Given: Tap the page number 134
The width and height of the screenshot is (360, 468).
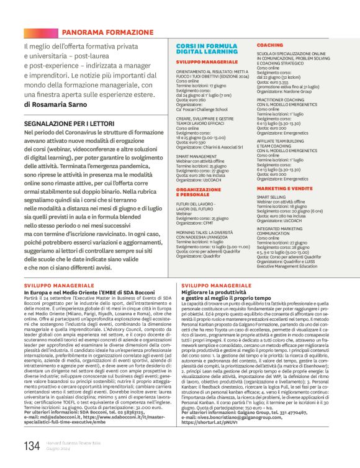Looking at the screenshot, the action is [x=32, y=444].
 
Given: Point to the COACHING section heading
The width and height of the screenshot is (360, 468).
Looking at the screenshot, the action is [x=270, y=46].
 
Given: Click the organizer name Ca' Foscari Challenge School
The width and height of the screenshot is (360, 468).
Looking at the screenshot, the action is [x=201, y=109].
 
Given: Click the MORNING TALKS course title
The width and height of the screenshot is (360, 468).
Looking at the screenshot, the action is [x=211, y=232].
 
